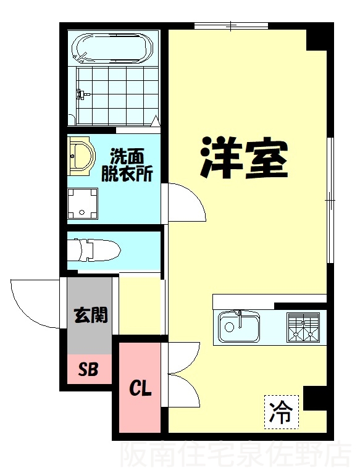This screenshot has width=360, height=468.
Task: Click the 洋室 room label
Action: coord(244,157)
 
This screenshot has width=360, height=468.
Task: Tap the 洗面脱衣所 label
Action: coord(127,164)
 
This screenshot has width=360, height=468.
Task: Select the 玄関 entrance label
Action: coord(90,315)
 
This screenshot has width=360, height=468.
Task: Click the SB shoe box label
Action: coord(88,369)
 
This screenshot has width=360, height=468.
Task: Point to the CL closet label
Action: coord(140,388)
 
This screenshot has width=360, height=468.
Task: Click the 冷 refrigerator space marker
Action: coord(281,412)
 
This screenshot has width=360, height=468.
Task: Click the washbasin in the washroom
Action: coord(81,156)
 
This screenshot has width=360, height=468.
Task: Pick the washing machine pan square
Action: coord(83,204)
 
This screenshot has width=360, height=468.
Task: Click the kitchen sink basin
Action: coord(238,327)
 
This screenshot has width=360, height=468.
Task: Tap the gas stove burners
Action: coord(303,327)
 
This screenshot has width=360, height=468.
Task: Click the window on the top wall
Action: coord(232,26)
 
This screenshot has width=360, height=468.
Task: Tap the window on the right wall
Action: coord(330,200)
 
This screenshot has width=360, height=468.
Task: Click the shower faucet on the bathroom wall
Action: coord(82,94)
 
